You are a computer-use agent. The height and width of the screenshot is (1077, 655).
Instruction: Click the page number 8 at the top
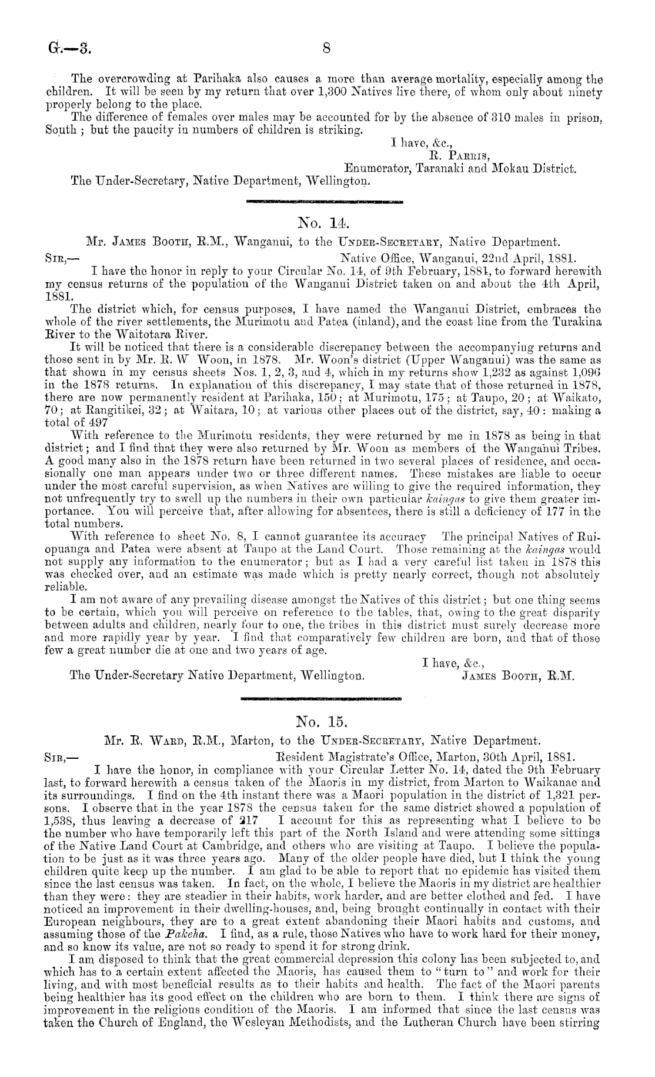[x=326, y=46]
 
